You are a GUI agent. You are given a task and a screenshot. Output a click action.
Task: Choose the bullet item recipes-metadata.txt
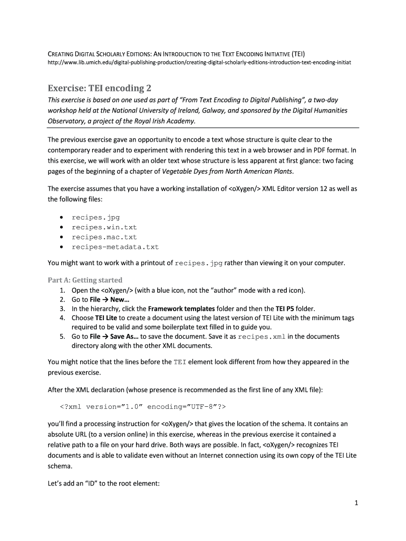(115, 247)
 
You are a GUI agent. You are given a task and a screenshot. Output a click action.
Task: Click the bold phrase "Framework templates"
(181, 309)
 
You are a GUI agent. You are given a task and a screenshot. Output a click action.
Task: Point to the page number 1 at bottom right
(356, 503)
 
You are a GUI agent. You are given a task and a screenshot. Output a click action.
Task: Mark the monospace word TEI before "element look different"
(180, 362)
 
